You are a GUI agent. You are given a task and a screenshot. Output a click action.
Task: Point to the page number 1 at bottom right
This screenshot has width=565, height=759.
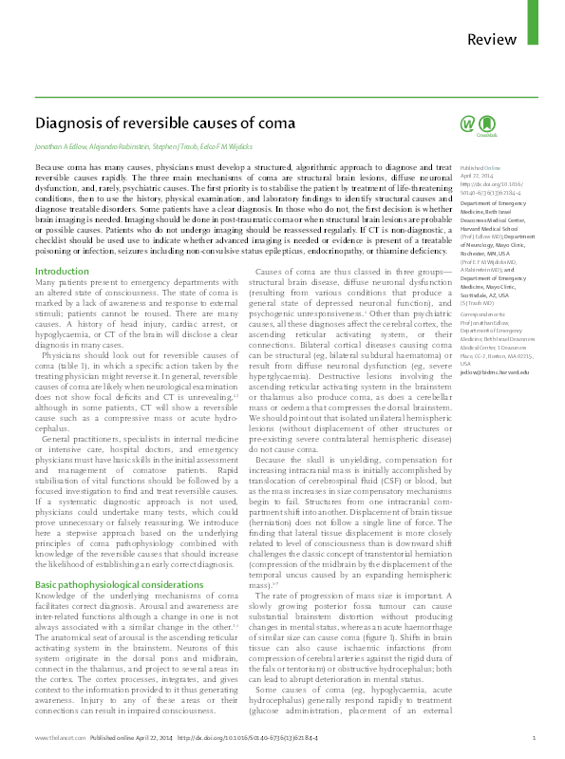click(534, 738)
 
